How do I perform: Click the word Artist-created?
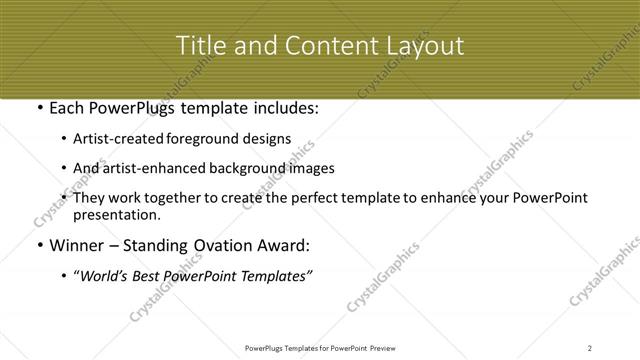(135, 139)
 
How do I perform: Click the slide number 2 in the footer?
(590, 347)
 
